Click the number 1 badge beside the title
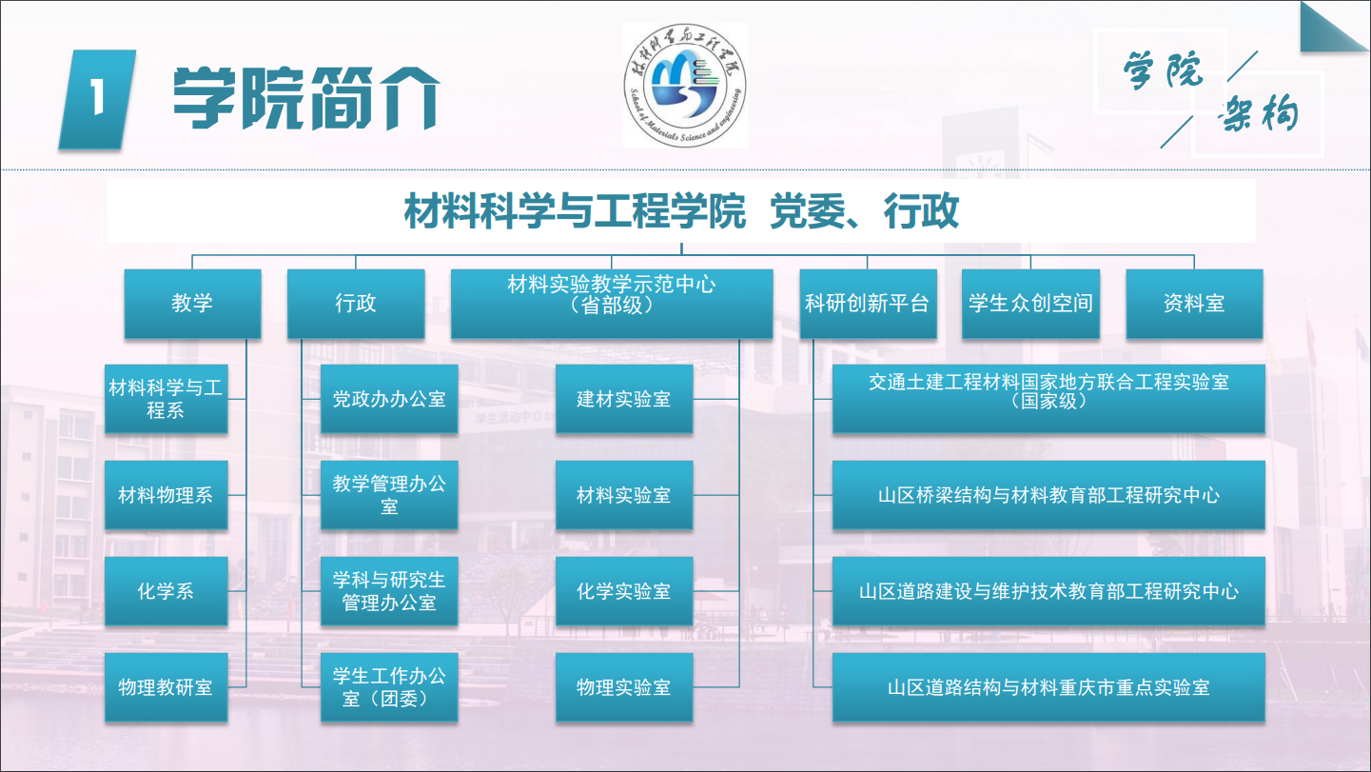(x=97, y=99)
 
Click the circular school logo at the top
(x=685, y=86)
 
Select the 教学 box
(x=192, y=304)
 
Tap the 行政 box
(x=356, y=304)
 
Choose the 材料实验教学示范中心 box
(x=612, y=304)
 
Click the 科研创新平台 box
(x=868, y=304)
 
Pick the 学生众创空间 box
(x=1030, y=304)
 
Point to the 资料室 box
(x=1194, y=304)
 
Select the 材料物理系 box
(x=166, y=495)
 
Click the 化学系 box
(x=166, y=591)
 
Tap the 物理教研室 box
(x=166, y=687)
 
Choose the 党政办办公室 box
(x=389, y=399)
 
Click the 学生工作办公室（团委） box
(x=389, y=687)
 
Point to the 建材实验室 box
(x=624, y=399)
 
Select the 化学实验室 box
(x=624, y=591)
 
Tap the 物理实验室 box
(x=624, y=687)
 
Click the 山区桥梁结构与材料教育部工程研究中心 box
(x=1048, y=495)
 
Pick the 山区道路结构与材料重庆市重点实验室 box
(x=1048, y=687)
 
